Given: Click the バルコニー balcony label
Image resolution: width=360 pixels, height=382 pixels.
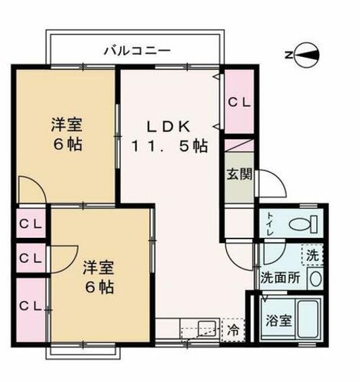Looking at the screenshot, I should [136, 50].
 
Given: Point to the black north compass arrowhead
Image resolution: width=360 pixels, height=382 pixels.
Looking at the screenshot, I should [307, 54].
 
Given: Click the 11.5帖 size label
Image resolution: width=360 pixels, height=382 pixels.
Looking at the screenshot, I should [169, 146].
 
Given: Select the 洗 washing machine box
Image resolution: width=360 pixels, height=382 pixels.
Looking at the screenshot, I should [311, 254].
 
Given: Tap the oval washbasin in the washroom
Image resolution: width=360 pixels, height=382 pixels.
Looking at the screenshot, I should [315, 277].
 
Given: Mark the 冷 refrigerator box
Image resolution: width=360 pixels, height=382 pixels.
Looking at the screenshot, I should [233, 331].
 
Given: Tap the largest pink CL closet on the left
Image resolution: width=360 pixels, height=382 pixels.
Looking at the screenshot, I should [30, 308].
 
